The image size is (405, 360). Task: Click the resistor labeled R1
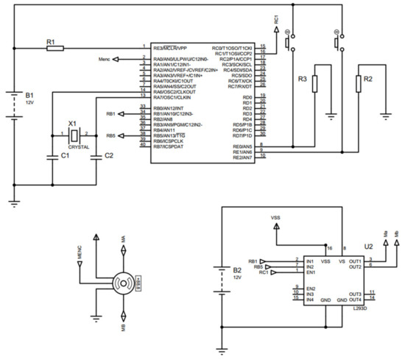(54, 48)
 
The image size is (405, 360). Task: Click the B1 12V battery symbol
(15, 102)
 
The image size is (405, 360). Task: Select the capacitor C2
(96, 156)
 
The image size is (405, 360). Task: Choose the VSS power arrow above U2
(276, 226)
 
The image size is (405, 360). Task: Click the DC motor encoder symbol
(122, 282)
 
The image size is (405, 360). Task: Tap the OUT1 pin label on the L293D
(355, 261)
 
